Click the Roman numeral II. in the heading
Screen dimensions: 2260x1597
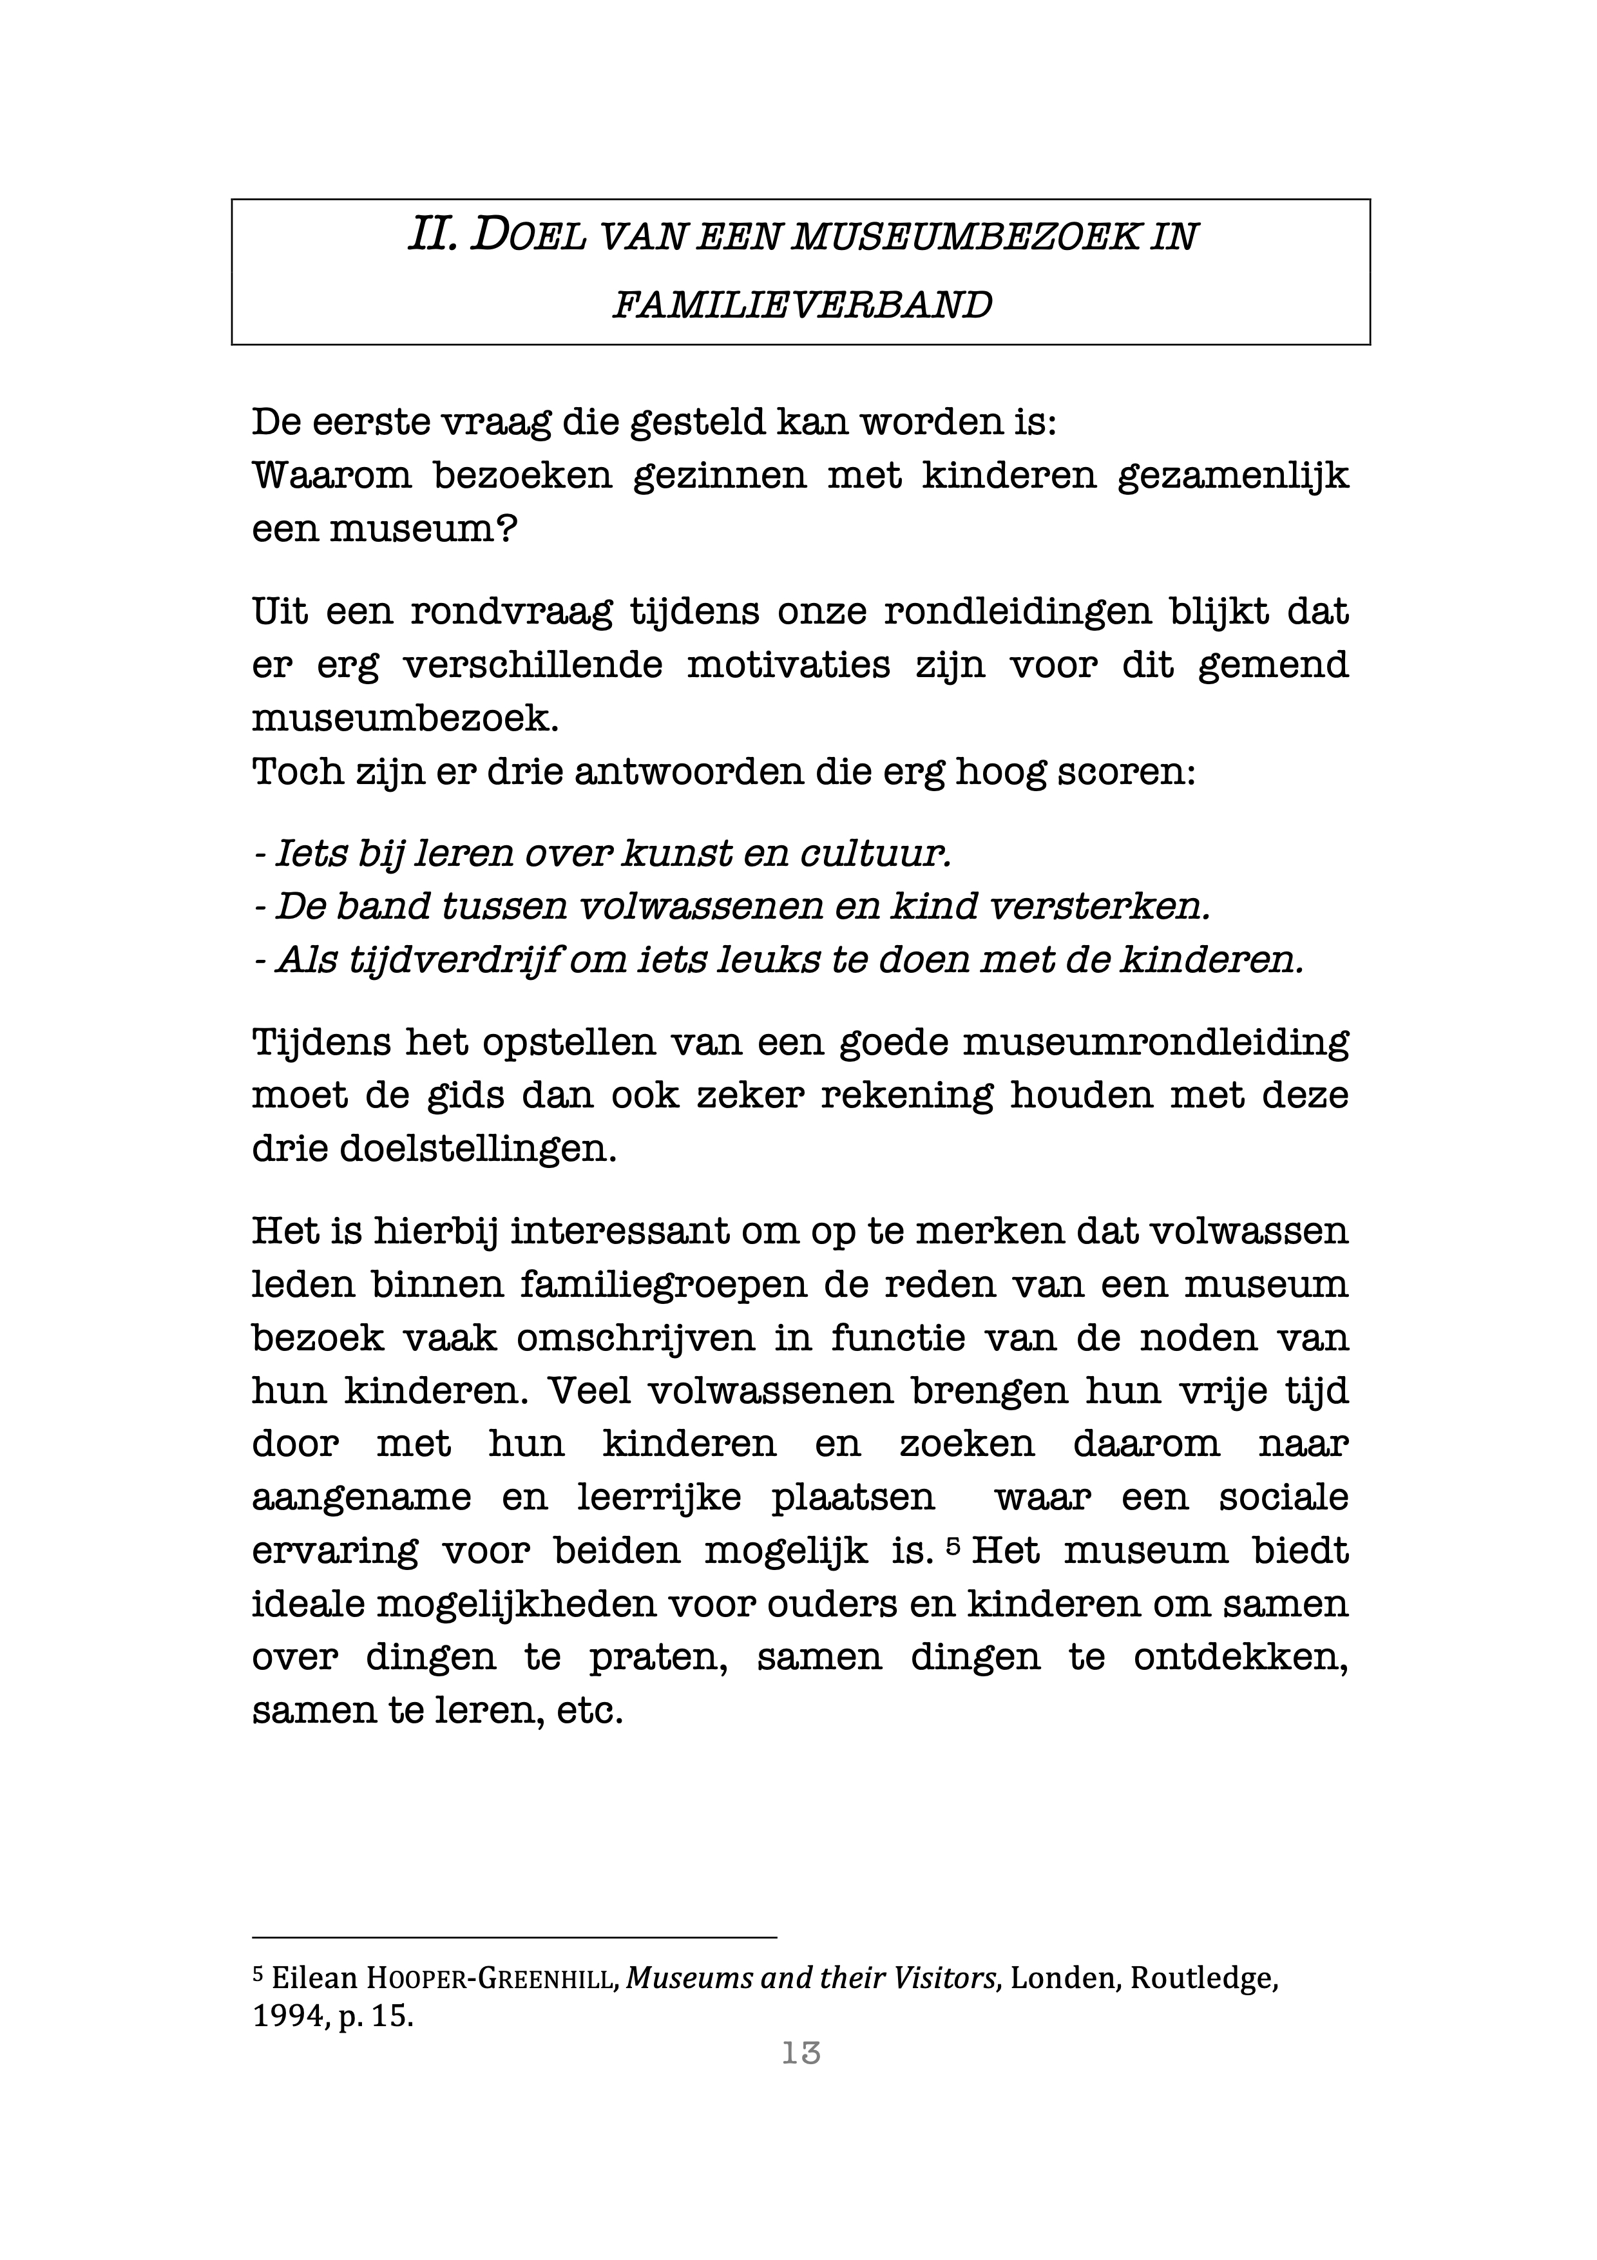coord(432,236)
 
